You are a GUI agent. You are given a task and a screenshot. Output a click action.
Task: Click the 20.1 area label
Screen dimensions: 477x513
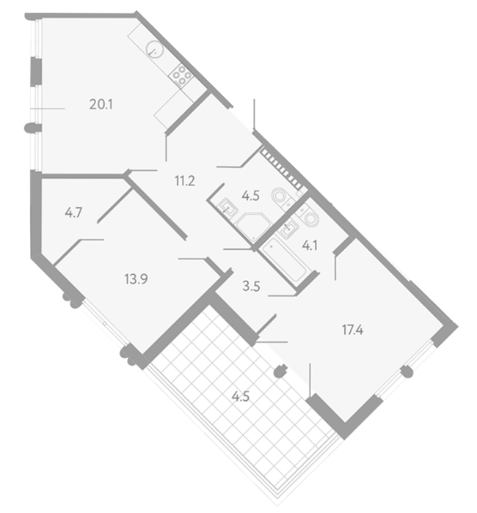[x=101, y=104]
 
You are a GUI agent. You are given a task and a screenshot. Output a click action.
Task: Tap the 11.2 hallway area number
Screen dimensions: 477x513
[x=185, y=180]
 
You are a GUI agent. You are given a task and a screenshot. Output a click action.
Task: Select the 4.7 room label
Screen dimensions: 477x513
[x=73, y=213]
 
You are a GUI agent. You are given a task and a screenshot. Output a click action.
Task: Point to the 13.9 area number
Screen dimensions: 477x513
[x=136, y=279]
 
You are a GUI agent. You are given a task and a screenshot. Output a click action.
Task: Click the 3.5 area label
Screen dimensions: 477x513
[x=251, y=287]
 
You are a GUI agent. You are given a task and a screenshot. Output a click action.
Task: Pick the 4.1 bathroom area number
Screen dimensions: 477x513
[x=310, y=245]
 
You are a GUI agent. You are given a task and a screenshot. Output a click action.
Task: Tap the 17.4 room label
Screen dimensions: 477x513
[x=352, y=330]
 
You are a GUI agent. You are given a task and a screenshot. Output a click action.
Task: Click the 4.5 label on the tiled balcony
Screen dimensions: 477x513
[x=241, y=396]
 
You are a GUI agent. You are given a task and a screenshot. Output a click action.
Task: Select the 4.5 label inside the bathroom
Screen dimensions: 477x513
[x=251, y=196]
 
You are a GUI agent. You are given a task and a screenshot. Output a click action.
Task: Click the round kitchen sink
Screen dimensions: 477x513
[x=154, y=50]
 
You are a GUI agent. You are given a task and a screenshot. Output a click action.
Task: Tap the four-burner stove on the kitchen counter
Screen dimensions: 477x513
[x=181, y=75]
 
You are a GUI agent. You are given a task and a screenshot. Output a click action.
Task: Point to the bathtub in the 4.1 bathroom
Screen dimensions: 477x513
[x=284, y=259]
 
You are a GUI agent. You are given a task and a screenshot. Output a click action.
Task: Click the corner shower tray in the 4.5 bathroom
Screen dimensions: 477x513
[x=253, y=227]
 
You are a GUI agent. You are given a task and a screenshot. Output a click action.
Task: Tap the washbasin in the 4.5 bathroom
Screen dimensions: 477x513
[x=228, y=207]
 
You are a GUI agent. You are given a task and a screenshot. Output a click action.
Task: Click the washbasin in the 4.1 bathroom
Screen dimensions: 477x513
[x=288, y=228]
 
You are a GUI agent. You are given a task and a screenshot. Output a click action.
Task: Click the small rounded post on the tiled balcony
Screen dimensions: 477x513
[x=280, y=371]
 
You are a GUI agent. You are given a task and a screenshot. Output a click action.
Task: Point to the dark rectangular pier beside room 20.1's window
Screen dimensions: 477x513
[x=36, y=72]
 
